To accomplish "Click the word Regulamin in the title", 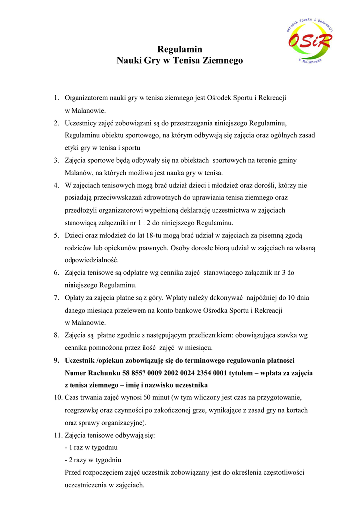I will (x=180, y=49).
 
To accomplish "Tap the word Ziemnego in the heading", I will (x=222, y=61).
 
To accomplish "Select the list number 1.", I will (x=57, y=98).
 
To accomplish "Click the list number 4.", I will (x=57, y=185).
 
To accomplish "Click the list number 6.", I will (x=57, y=272).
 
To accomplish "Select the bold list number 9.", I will (x=57, y=360).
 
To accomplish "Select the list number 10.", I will (x=58, y=397).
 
